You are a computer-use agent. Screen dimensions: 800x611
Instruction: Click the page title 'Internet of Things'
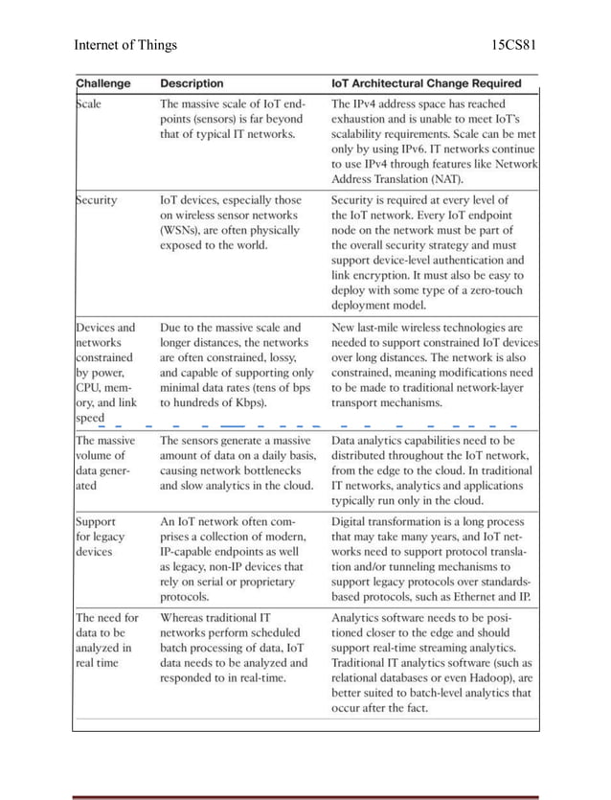(125, 44)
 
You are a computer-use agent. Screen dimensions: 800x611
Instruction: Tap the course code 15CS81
(513, 44)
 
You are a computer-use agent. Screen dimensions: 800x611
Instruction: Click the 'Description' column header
(192, 83)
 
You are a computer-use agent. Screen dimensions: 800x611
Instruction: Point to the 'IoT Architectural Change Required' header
(426, 83)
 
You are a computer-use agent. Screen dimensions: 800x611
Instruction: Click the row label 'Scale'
(89, 103)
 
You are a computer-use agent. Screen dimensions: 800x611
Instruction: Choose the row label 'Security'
(97, 200)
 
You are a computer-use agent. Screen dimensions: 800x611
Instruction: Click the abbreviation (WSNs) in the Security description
(183, 230)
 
